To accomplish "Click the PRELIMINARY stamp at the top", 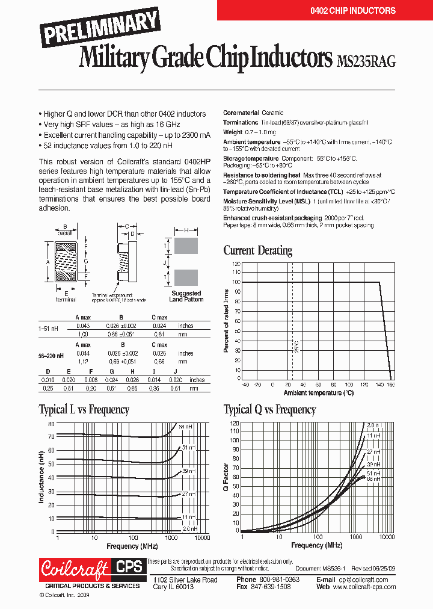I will point(101,27).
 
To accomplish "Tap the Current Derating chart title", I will point(257,250).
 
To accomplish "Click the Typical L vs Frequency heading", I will point(84,410).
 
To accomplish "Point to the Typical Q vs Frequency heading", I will point(269,410).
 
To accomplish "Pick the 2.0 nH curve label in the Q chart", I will point(373,425).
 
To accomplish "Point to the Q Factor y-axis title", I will point(226,477).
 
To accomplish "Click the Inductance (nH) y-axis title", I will point(42,478).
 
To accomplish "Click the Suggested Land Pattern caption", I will point(186,296).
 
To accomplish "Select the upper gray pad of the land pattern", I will point(186,246).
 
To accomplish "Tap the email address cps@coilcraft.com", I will point(363,580).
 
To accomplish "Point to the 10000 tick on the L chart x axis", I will point(202,537).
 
